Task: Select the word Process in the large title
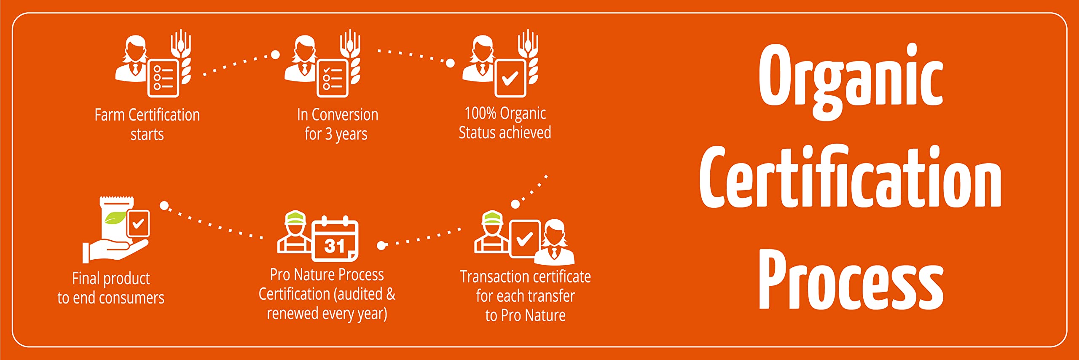point(851,279)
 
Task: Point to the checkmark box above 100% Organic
point(510,78)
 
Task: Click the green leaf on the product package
point(115,218)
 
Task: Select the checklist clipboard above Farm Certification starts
point(163,78)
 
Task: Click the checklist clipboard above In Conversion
point(333,78)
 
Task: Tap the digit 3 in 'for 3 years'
point(328,134)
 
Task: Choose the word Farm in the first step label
point(109,115)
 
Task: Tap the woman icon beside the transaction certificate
point(555,242)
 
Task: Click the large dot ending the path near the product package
point(164,205)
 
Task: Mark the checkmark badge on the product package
point(138,223)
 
